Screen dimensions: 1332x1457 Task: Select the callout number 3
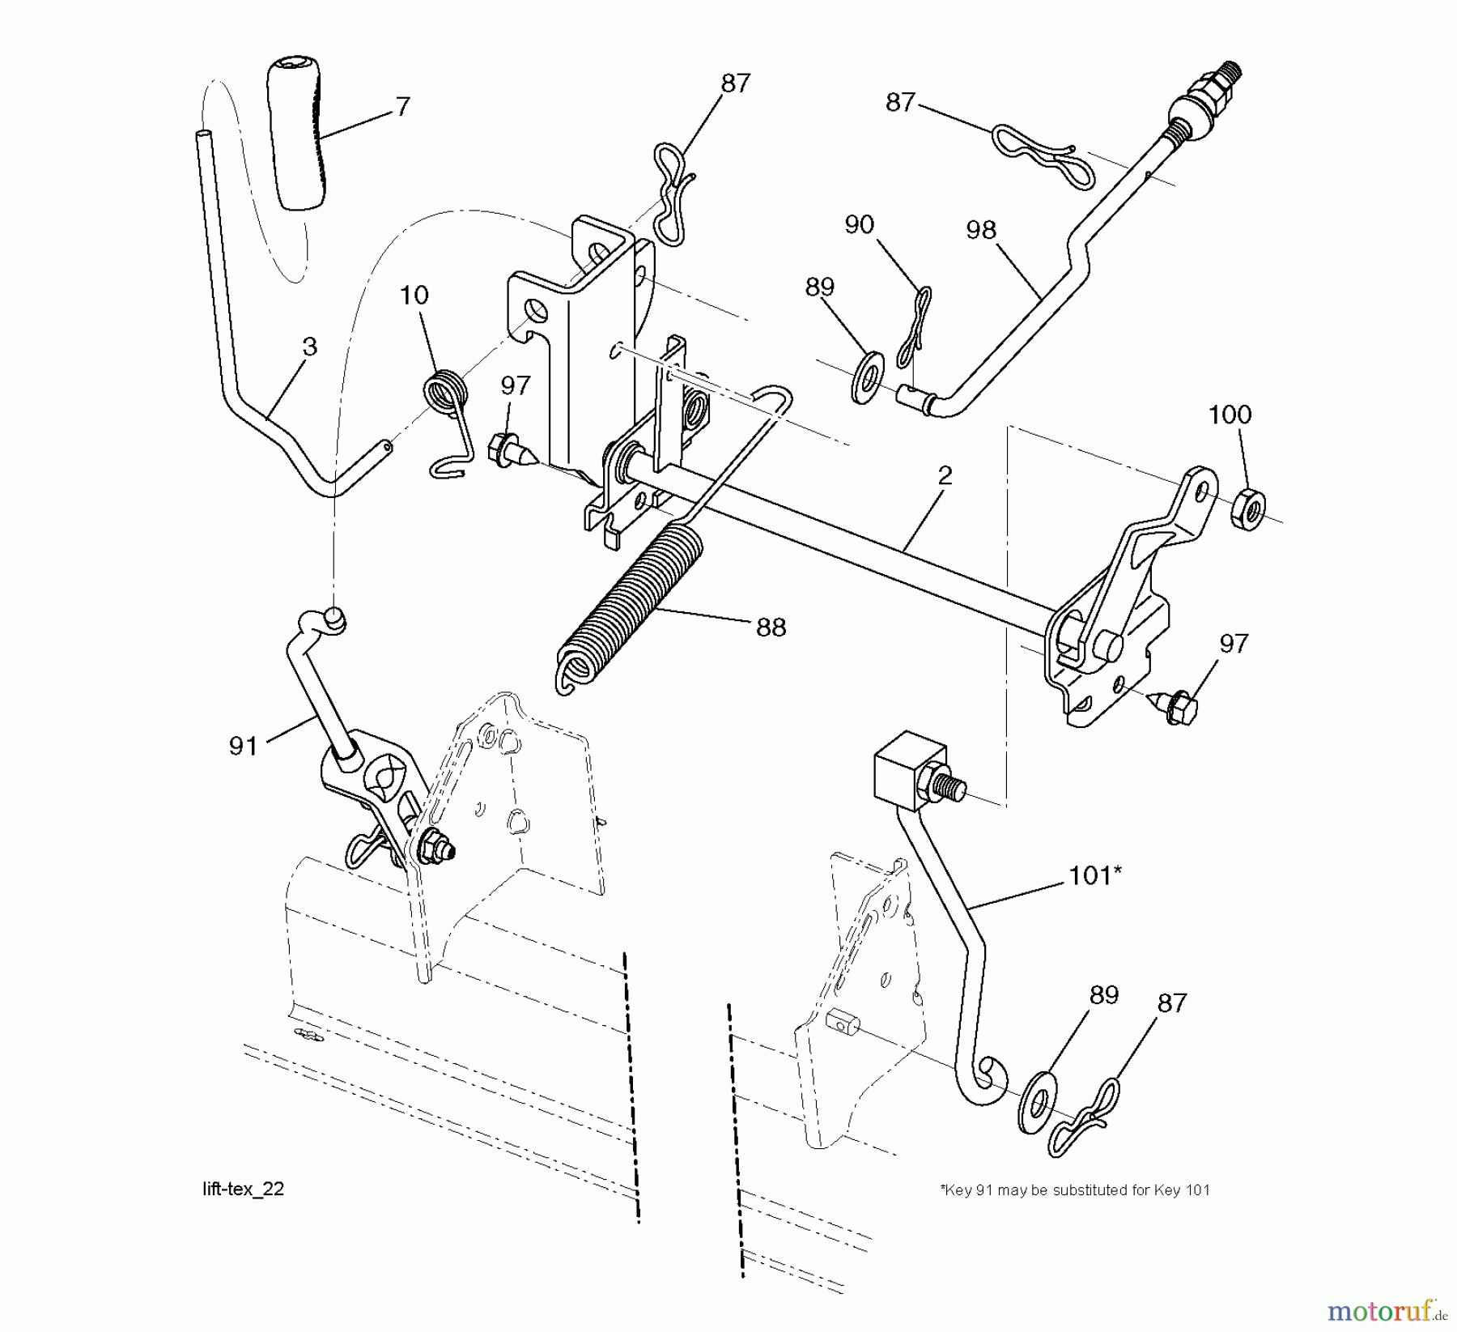[x=309, y=347]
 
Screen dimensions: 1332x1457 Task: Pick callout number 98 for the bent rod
[x=980, y=230]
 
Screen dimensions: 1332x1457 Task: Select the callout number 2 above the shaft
[x=944, y=476]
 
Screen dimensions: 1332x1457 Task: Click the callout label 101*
[x=1095, y=875]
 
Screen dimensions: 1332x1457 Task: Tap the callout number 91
[x=244, y=746]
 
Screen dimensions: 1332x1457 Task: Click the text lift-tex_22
[x=243, y=1189]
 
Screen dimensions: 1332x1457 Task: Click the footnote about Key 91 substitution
[x=1074, y=1190]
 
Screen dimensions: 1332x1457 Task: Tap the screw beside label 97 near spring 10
[x=506, y=449]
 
